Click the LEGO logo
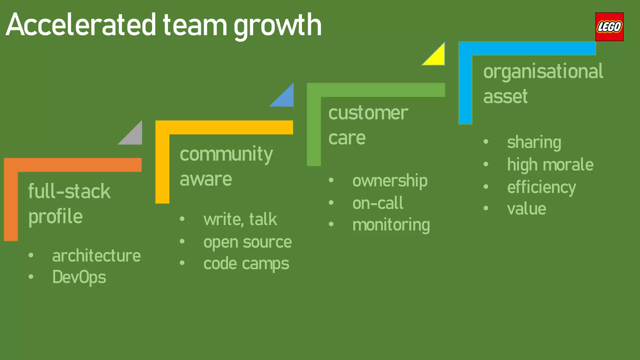(x=609, y=27)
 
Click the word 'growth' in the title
(x=277, y=26)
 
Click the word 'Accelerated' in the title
(x=81, y=25)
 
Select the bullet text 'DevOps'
(x=79, y=277)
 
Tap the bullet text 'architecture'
(x=96, y=256)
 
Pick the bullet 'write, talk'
(x=240, y=219)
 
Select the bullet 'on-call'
(x=378, y=203)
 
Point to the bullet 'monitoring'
(x=391, y=225)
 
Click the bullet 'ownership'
(x=390, y=181)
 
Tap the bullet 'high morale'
(x=550, y=165)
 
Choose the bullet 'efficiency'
(x=541, y=187)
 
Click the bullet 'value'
(x=527, y=209)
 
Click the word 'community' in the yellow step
(x=226, y=154)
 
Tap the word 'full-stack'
(x=69, y=191)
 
